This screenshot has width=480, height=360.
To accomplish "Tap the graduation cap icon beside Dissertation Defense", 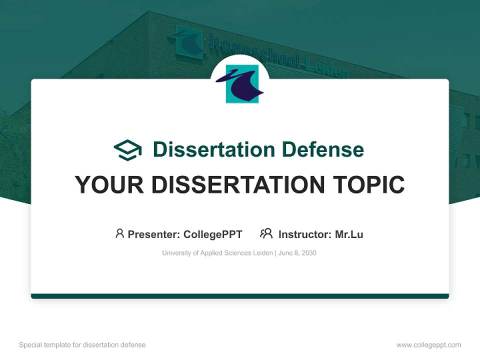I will [127, 149].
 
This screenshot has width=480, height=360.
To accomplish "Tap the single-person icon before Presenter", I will [119, 233].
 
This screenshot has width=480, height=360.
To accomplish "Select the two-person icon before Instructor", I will [266, 233].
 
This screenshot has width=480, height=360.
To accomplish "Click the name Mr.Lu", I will [349, 234].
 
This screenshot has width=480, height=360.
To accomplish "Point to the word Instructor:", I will [304, 234].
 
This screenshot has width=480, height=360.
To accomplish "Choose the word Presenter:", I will [154, 234].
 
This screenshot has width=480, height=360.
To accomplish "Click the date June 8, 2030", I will [297, 253].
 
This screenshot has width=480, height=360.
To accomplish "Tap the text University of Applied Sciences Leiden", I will [217, 253].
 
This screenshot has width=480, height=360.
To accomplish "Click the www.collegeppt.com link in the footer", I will [428, 345].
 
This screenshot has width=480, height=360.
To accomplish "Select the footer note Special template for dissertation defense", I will [82, 345].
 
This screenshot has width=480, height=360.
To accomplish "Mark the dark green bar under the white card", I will [240, 296].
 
